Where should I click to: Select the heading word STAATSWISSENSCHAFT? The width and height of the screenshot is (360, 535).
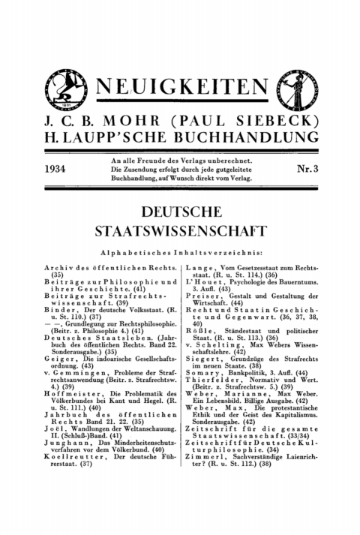[x=180, y=229]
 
